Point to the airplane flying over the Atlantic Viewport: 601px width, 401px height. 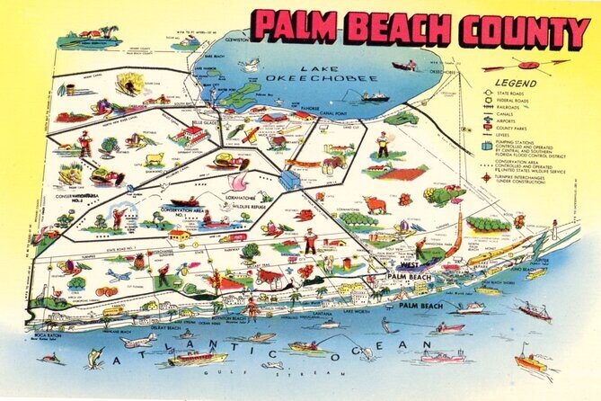pos(139,341)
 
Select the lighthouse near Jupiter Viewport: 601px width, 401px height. pos(554,233)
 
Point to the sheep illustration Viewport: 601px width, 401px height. pos(155,159)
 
